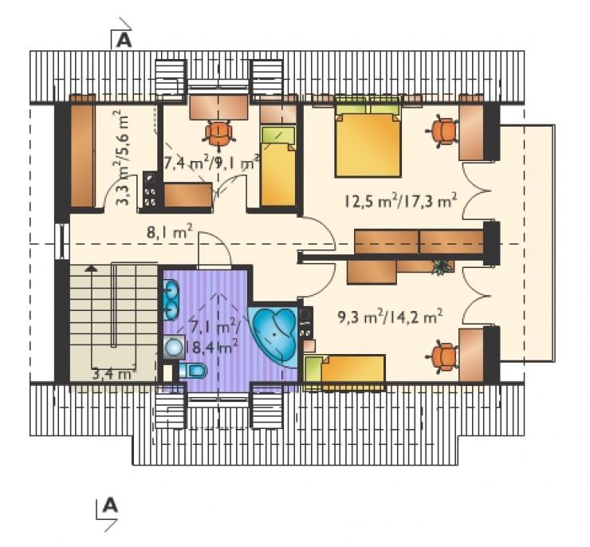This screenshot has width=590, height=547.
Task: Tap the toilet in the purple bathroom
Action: (194, 371)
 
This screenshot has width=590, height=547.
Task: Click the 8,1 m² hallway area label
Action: (170, 233)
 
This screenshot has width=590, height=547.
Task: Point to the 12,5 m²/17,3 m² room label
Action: (401, 201)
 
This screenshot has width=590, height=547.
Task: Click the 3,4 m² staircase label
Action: (114, 373)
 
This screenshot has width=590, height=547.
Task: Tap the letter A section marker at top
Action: (124, 40)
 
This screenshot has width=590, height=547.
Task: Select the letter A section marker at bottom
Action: (110, 506)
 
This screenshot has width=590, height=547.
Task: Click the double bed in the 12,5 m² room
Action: (368, 140)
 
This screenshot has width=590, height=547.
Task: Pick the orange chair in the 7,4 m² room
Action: (219, 133)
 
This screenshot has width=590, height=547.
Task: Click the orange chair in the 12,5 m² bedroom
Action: (442, 132)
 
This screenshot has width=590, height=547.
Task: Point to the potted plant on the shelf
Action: (439, 266)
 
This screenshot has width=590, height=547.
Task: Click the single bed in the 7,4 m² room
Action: (277, 167)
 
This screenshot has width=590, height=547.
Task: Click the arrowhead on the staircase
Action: (90, 268)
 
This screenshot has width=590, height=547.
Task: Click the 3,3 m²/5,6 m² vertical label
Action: (122, 157)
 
